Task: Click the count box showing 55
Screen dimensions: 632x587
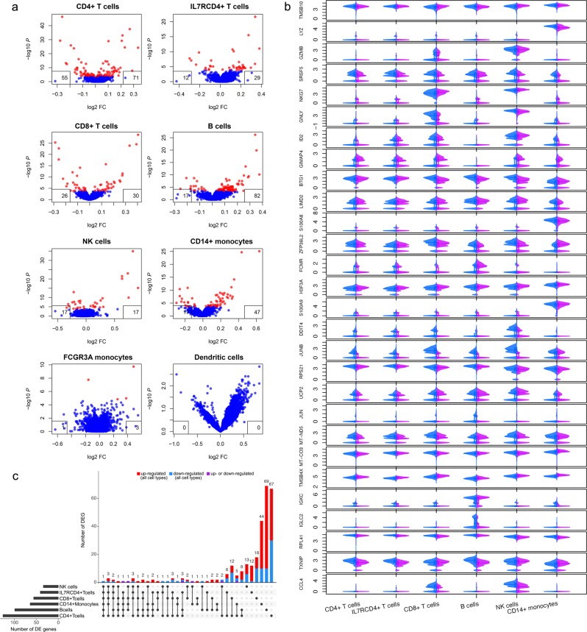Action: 44,77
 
